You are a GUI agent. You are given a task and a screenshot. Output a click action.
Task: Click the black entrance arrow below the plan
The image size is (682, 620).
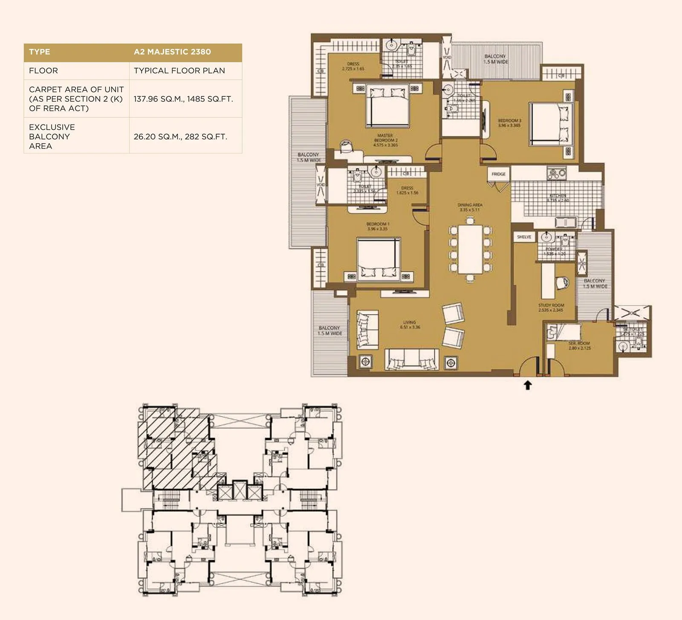[528, 385]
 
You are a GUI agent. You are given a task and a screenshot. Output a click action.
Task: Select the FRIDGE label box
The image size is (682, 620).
[498, 174]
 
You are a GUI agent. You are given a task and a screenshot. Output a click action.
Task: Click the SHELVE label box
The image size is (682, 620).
[524, 237]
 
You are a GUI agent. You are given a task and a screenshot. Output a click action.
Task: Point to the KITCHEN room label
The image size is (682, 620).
[558, 197]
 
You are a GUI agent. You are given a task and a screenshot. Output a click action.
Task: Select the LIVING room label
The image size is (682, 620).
[410, 324]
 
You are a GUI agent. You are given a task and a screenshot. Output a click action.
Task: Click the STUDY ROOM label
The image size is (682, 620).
[551, 307]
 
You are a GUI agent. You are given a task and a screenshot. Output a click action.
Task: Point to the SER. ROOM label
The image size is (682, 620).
[579, 345]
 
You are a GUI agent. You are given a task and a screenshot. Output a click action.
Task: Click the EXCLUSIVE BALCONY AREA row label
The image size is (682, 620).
[52, 136]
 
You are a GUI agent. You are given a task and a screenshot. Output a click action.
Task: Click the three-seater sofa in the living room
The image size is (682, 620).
[411, 358]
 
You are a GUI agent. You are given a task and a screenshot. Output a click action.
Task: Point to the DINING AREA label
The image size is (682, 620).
[470, 207]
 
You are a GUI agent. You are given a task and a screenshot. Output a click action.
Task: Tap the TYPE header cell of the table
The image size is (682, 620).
[40, 52]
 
